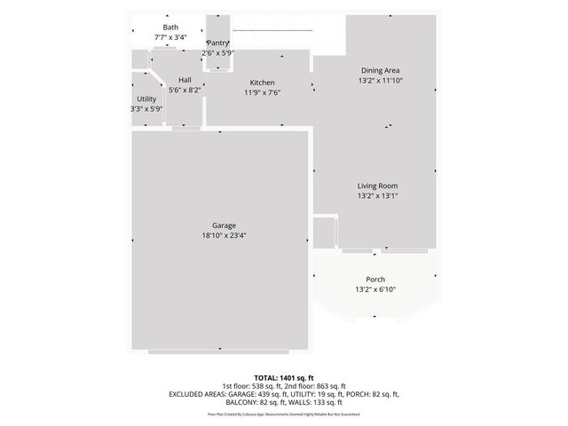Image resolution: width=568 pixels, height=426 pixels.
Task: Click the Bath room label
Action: click(170, 28)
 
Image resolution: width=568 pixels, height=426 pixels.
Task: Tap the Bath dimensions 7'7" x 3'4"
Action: click(170, 37)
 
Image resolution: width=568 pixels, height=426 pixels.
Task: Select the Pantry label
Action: click(218, 43)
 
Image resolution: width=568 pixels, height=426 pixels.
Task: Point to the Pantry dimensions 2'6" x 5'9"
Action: click(217, 53)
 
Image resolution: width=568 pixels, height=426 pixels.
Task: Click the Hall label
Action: click(185, 80)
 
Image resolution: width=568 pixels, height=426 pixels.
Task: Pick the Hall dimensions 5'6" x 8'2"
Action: click(185, 90)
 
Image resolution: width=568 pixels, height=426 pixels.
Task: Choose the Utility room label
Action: click(146, 99)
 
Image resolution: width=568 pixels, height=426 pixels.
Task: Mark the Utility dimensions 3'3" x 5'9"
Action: click(146, 108)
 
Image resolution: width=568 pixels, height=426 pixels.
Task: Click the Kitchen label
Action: click(262, 83)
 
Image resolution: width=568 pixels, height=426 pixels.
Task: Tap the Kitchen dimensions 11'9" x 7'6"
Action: click(262, 92)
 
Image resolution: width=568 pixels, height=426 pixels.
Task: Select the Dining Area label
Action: click(379, 71)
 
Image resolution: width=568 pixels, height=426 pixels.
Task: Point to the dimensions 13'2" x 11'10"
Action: click(379, 81)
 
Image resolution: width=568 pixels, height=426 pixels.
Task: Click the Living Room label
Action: click(377, 185)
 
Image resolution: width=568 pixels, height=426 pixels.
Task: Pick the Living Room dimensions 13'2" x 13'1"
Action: click(377, 195)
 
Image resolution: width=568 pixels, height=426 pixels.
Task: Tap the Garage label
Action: click(223, 225)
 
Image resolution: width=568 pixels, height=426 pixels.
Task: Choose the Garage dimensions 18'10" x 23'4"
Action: click(223, 235)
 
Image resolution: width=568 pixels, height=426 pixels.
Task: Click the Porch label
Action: click(375, 280)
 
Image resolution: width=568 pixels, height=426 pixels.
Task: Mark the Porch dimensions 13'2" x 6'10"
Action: click(375, 289)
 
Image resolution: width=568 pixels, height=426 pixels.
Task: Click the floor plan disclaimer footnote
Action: click(284, 414)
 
